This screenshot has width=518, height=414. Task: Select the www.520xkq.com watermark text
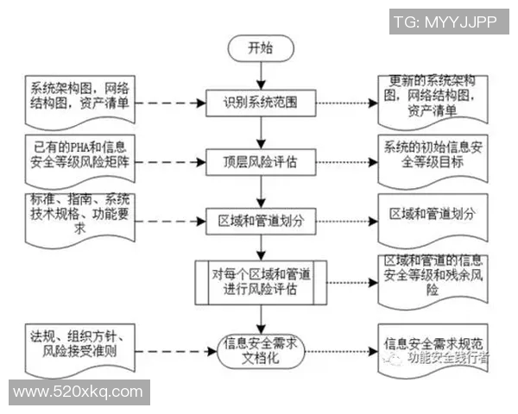pos(78,392)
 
